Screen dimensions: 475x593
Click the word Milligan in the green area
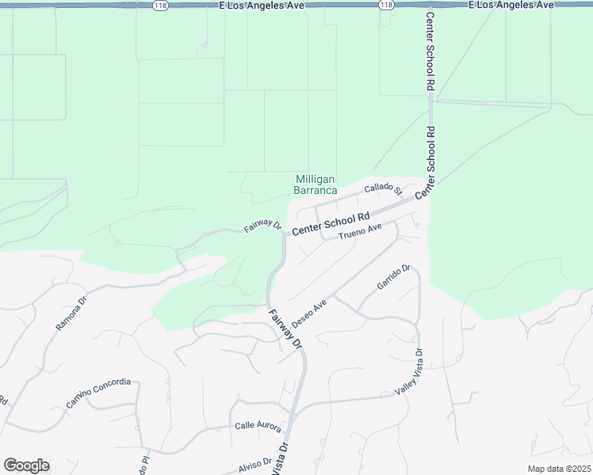pos(316,180)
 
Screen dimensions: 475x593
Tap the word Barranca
pos(316,191)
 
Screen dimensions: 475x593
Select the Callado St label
pos(383,188)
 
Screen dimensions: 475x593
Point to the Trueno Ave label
pos(360,233)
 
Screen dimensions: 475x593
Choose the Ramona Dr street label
pos(69,316)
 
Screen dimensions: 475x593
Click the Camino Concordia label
pos(98,393)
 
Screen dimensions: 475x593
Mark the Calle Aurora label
pos(258,426)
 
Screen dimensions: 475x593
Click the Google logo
pos(26,465)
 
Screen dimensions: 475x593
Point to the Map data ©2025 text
pos(558,469)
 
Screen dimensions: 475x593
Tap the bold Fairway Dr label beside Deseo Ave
pos(285,329)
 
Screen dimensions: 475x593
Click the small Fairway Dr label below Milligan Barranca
pos(262,226)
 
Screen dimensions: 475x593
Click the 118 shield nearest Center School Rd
pos(386,5)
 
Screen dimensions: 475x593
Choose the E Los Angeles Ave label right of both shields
pos(511,5)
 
